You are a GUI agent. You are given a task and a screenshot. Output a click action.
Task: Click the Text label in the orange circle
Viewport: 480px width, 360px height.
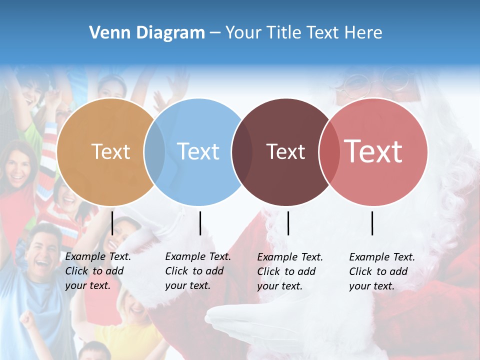(110, 151)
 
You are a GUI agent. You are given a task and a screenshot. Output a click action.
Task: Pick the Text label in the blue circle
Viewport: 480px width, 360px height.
(198, 151)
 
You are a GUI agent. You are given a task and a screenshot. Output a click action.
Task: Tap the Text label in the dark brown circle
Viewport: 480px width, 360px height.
(285, 151)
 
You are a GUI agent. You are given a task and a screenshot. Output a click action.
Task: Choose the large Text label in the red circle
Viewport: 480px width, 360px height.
(373, 151)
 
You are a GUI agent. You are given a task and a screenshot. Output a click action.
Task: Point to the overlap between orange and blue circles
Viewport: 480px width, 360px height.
(154, 152)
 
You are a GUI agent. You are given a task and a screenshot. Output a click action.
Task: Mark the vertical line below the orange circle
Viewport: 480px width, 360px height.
(112, 223)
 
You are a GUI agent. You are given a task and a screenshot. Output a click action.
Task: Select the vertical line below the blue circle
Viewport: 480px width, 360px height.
(200, 223)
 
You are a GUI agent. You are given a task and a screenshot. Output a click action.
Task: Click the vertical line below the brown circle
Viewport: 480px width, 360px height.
(288, 223)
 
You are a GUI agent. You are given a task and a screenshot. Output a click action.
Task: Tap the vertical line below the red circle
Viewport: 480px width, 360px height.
(372, 223)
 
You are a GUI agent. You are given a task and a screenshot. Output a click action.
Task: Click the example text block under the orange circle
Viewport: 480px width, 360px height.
(97, 271)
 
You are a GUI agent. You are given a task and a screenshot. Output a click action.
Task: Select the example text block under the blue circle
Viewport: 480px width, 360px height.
(197, 271)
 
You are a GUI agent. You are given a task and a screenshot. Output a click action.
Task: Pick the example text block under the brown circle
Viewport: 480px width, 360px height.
(289, 271)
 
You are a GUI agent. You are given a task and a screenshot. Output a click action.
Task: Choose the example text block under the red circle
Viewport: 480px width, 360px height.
(381, 271)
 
